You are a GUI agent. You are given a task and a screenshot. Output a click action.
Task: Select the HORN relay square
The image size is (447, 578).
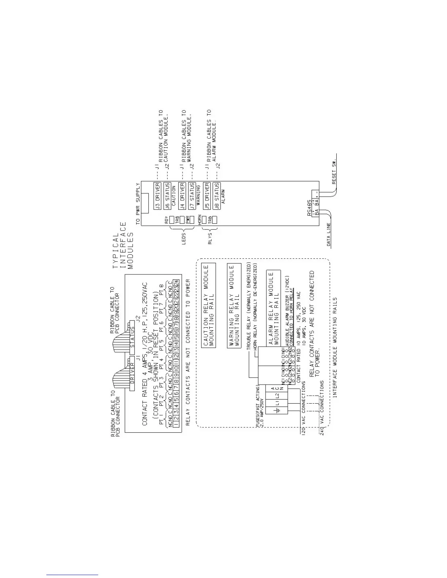tap(205, 220)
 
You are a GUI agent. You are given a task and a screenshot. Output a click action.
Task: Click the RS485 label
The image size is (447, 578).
tap(309, 208)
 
